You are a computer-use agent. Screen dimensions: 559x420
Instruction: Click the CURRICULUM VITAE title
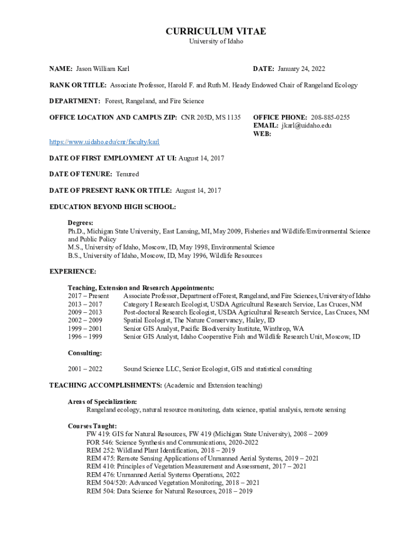pyautogui.click(x=216, y=32)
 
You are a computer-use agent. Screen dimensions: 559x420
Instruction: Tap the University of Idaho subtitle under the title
pyautogui.click(x=216, y=41)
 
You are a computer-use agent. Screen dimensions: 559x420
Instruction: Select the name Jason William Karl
pyautogui.click(x=103, y=69)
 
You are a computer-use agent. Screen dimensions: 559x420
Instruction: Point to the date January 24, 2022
pyautogui.click(x=301, y=69)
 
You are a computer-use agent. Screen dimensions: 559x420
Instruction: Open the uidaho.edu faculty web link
pyautogui.click(x=104, y=142)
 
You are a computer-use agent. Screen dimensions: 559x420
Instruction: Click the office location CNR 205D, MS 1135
pyautogui.click(x=211, y=117)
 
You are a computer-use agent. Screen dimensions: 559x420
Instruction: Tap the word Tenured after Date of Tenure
pyautogui.click(x=127, y=174)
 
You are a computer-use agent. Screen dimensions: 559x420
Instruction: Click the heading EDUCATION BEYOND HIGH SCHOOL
pyautogui.click(x=113, y=207)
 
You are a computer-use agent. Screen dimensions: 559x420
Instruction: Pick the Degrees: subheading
pyautogui.click(x=80, y=223)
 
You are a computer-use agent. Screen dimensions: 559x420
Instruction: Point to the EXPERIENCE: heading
pyautogui.click(x=73, y=271)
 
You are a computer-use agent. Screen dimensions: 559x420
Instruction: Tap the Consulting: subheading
pyautogui.click(x=85, y=353)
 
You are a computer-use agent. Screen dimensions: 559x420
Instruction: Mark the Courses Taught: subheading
pyautogui.click(x=92, y=426)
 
